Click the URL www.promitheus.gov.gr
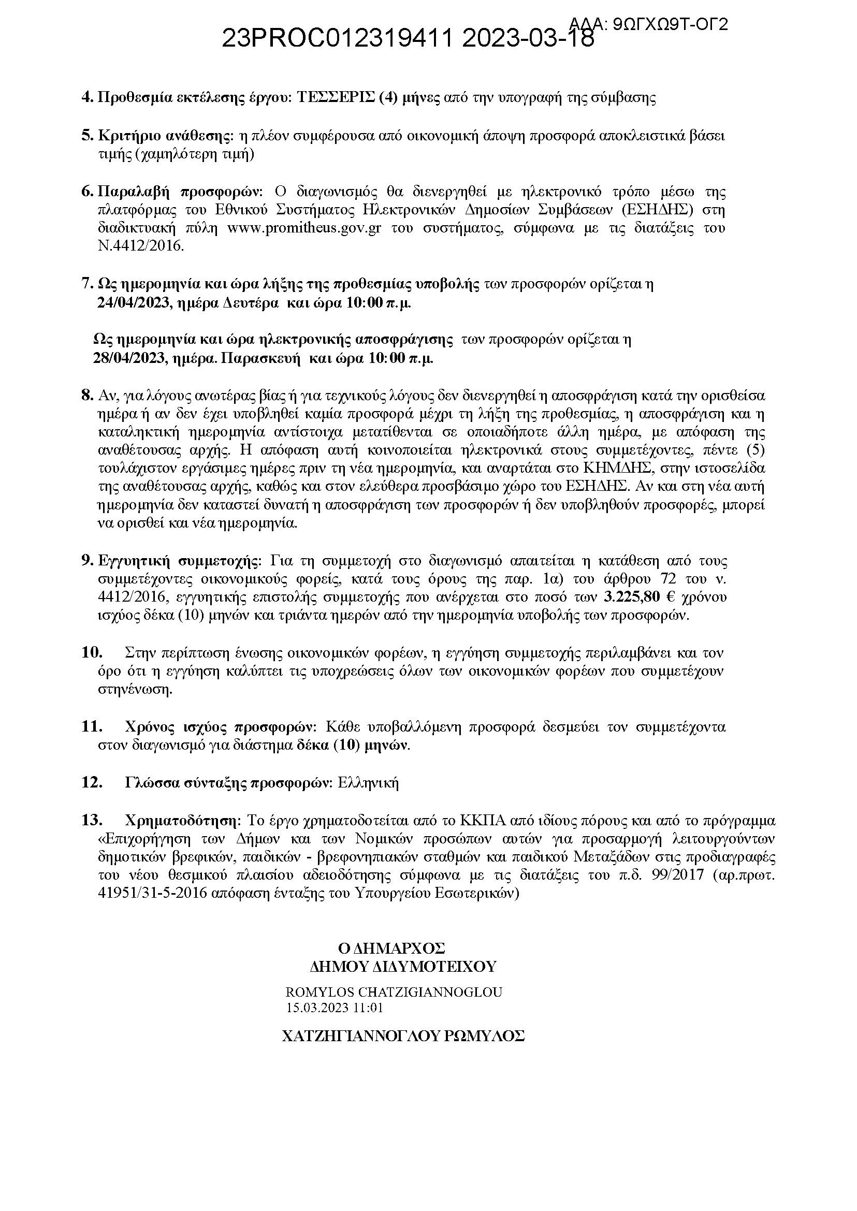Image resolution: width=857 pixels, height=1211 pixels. (304, 228)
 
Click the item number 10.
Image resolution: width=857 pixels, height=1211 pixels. (91, 653)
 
